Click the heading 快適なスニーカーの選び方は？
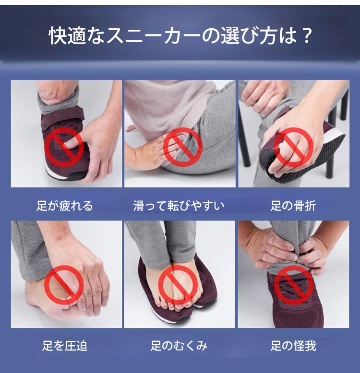[180, 36]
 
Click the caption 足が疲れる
[64, 206]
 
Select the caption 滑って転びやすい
[179, 206]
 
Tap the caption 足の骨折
[293, 206]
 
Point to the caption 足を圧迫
[65, 346]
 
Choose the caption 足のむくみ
[179, 346]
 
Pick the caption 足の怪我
[293, 346]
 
